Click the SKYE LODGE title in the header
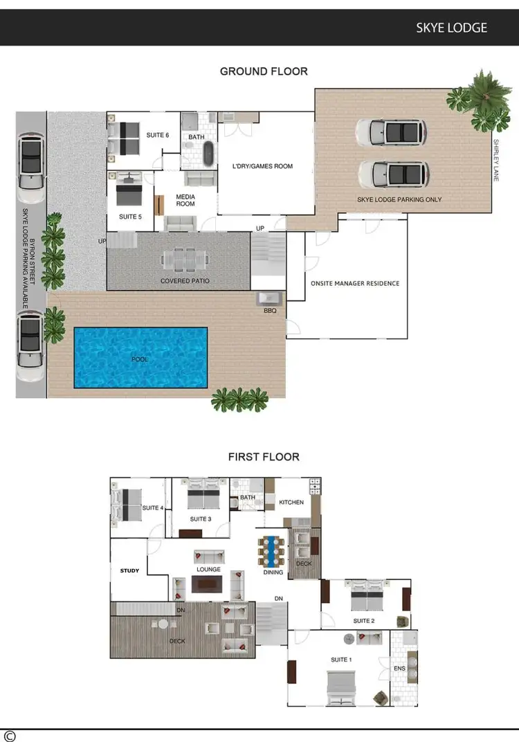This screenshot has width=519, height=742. pos(451,28)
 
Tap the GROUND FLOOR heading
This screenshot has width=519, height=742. pos(264,71)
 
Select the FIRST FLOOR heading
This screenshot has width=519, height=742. pos(264,457)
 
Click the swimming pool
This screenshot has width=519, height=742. pos(140,358)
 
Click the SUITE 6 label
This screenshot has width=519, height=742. pos(158,135)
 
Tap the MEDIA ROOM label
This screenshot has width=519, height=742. pos(185,200)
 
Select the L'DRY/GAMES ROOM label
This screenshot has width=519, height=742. pos(262,166)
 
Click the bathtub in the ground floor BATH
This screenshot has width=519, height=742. pos(206,154)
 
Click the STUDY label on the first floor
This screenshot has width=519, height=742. pos(129,571)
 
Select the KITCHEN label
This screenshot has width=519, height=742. pos(291,502)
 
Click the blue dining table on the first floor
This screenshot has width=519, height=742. pos(271,550)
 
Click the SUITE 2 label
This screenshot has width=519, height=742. pos(363,621)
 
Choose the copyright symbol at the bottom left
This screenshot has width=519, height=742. pos(9,736)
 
